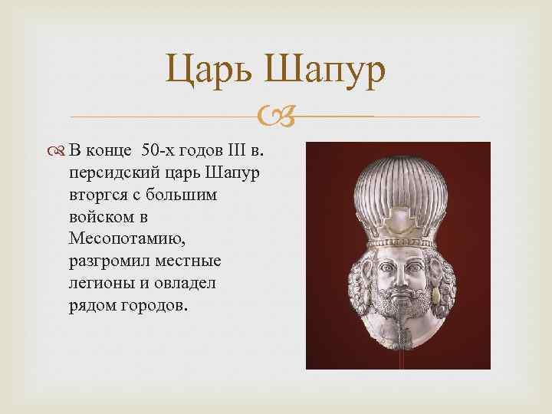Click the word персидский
[x=110, y=172]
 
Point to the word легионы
[x=97, y=283]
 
